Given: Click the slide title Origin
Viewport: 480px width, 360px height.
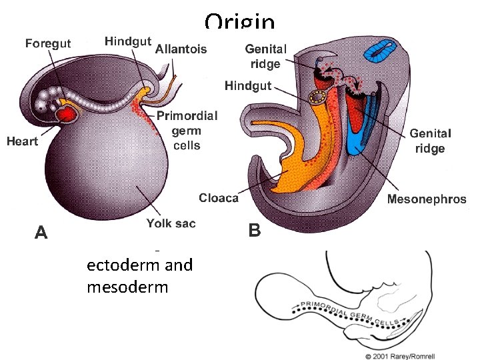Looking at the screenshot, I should click(240, 22).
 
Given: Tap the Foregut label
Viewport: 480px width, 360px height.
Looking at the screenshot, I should click(48, 43).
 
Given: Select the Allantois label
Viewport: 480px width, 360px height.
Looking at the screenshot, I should click(181, 49).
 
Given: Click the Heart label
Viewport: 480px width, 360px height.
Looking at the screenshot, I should click(22, 141).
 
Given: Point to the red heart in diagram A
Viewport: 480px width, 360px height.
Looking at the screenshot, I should click(67, 115).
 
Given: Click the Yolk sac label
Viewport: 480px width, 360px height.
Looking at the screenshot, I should click(171, 223).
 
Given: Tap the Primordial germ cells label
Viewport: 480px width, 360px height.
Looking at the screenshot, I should click(187, 130).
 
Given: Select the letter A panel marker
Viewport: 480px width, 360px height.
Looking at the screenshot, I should click(41, 232).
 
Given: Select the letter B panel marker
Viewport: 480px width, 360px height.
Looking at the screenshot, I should click(254, 231).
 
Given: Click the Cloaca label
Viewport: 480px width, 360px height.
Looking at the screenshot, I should click(219, 198).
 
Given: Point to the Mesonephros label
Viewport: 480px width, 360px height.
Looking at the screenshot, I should click(427, 199).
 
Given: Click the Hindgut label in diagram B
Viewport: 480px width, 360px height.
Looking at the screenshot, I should click(248, 86).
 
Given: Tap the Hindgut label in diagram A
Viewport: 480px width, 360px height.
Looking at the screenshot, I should click(127, 41).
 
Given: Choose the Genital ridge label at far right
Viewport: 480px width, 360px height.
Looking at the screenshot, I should click(430, 141).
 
